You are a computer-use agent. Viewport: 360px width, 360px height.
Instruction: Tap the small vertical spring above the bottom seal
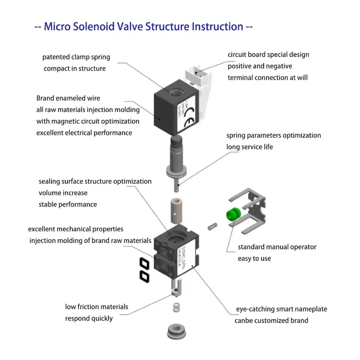175,309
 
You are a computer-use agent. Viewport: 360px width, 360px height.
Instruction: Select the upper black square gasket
144,264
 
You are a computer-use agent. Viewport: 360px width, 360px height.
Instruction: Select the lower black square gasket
144,276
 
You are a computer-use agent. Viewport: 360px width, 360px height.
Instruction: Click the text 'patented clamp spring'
76,57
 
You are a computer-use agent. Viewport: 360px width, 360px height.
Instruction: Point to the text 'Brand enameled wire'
68,98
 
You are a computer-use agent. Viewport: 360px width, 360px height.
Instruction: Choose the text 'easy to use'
254,258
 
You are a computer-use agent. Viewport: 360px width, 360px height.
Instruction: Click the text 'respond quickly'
89,318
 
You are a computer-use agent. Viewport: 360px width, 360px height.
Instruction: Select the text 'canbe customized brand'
271,320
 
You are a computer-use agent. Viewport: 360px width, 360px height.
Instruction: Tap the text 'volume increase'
63,193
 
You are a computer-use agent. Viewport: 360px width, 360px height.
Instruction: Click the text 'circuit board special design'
268,54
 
